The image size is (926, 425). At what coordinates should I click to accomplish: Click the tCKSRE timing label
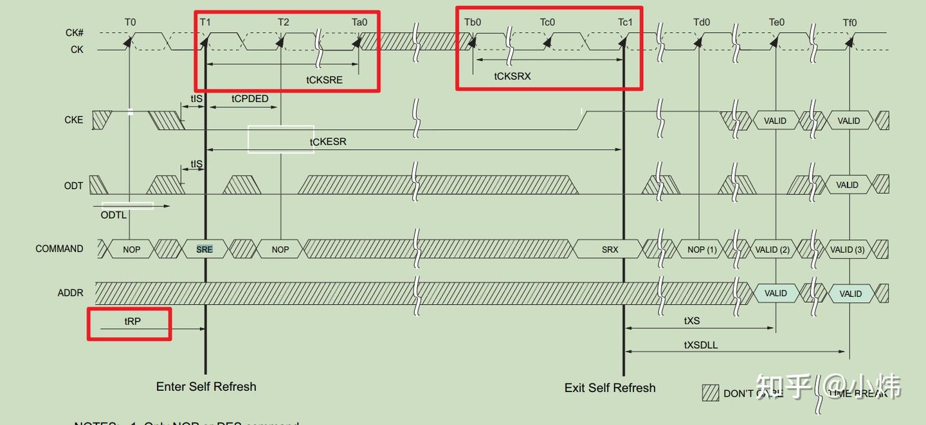tap(324, 80)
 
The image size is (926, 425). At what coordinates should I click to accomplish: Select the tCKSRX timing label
tap(513, 76)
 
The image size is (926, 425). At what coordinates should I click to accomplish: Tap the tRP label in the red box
tap(132, 321)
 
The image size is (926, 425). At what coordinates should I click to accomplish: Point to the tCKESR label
tap(328, 141)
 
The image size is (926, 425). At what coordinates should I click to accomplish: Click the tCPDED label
tap(250, 99)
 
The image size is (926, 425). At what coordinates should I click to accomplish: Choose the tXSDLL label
tap(701, 345)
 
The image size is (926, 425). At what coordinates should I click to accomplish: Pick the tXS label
tap(692, 320)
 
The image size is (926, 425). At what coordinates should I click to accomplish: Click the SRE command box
tap(204, 249)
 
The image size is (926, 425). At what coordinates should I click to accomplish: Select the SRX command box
tap(610, 249)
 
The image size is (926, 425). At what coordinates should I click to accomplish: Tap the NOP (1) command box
tap(702, 249)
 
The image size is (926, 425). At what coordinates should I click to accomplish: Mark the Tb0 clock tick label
tap(473, 23)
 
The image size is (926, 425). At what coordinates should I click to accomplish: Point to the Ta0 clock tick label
tap(359, 23)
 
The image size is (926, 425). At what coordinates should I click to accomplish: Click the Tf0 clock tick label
tap(850, 23)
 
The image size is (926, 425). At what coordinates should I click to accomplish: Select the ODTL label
tap(114, 215)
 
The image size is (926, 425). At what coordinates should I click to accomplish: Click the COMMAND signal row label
tap(59, 249)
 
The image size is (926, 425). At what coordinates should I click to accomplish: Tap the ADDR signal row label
tap(70, 293)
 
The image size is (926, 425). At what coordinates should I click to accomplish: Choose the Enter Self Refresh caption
tap(206, 386)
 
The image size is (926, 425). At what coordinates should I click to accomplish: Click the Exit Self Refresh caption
tap(610, 388)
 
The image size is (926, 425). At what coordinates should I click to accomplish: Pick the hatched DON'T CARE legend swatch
tap(710, 392)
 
